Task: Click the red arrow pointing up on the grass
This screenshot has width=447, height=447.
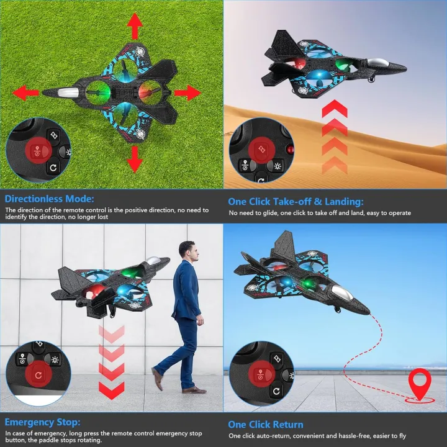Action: pos(134,27)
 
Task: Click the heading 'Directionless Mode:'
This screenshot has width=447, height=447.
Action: pos(49,199)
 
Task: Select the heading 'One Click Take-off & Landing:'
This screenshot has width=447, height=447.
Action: pos(296,201)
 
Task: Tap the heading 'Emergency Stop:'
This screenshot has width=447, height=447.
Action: pos(42,422)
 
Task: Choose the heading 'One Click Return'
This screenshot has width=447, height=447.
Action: pos(266,425)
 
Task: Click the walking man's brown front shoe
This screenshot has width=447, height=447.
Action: pos(194,390)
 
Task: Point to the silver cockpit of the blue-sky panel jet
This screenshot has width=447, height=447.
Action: pos(339,300)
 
